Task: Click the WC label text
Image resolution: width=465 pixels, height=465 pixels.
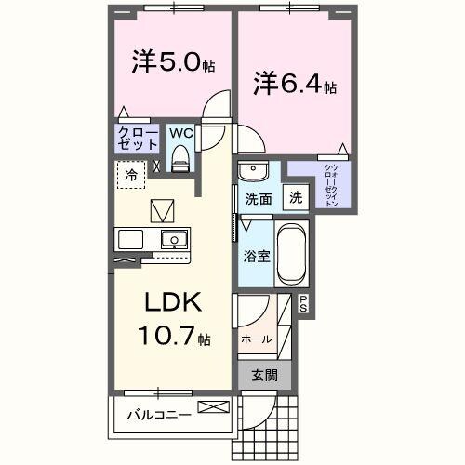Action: click(x=181, y=132)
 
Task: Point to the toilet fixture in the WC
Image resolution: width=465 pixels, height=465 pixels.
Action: click(x=181, y=158)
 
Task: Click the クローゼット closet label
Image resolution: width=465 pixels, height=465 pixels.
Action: click(x=138, y=139)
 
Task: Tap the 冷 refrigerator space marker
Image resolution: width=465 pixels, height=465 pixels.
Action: click(x=132, y=174)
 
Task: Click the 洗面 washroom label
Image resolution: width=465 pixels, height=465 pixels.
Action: click(x=258, y=198)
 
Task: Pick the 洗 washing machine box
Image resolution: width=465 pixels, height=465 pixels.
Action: click(x=295, y=197)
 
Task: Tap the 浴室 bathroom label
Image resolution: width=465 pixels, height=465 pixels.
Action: click(x=258, y=254)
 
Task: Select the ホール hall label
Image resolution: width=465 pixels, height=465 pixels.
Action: click(x=256, y=339)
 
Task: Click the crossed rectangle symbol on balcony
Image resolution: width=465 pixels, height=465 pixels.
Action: click(x=211, y=408)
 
